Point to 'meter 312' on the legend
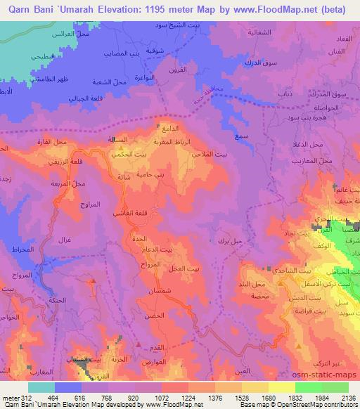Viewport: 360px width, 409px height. point(14,398)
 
